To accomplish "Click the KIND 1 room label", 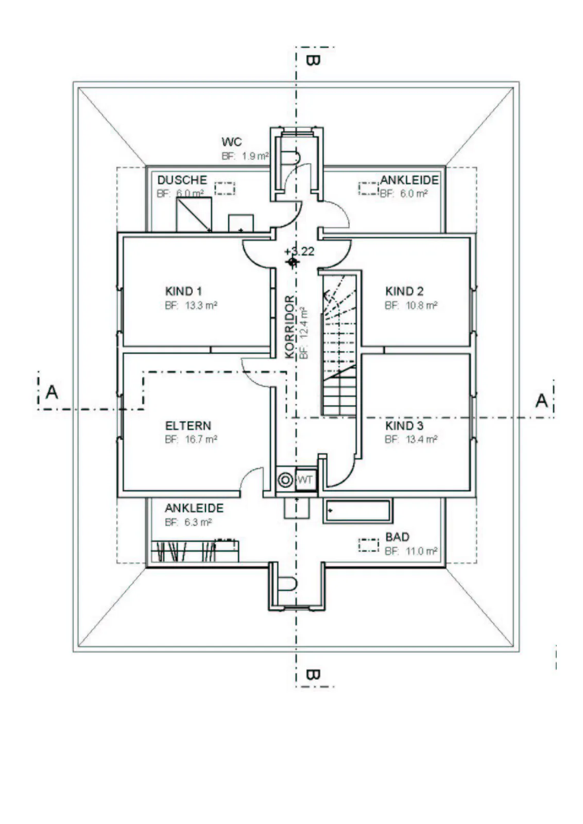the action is [183, 291].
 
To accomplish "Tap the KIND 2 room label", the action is [404, 291].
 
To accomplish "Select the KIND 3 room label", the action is [404, 425].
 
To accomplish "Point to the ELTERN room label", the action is [188, 425].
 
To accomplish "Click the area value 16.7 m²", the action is [201, 439].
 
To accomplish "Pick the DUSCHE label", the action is [182, 180].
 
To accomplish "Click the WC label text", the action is [231, 142].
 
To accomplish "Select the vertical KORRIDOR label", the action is [290, 327].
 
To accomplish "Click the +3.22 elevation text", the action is [299, 252].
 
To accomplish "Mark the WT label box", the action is [306, 479].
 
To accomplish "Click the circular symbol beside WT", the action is [285, 479].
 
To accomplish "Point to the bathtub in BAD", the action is [357, 511].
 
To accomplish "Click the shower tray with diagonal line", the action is [194, 214].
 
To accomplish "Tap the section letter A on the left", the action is [52, 392].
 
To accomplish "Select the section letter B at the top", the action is [313, 61].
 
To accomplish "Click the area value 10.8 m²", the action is [421, 305].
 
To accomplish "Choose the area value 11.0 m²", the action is [421, 551].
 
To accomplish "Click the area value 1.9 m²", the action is [255, 156].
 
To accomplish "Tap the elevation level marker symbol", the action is [293, 262].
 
